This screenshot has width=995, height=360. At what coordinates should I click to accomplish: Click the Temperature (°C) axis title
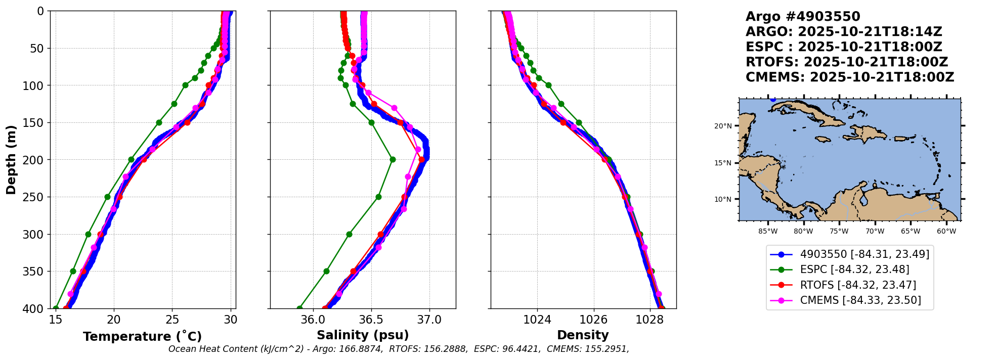coord(142,336)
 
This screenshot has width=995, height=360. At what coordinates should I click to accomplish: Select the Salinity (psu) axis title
coord(363,335)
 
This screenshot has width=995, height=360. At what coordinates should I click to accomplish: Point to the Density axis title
coord(583,335)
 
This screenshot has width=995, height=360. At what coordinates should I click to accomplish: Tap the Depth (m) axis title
coord(11,160)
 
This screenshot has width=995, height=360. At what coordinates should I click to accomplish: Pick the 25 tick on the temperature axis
coord(172,320)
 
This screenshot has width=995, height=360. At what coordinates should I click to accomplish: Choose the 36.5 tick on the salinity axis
coord(371,320)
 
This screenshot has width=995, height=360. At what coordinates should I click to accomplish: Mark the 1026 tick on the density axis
coord(593,320)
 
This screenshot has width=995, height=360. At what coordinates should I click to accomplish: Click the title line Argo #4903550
coord(803,17)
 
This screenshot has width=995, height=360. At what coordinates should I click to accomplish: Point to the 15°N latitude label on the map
coord(723,163)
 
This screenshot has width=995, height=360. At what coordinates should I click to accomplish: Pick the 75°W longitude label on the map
coord(839,232)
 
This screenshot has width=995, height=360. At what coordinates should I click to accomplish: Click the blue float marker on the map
coord(773,99)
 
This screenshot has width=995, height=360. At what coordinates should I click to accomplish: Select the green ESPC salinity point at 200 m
coord(393,159)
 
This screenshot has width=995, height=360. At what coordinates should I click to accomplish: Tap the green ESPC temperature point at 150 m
coord(159,122)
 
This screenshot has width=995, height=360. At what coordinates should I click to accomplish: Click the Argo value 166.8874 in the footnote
coord(362,349)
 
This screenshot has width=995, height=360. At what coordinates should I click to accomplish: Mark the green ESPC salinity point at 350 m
coord(326,271)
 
